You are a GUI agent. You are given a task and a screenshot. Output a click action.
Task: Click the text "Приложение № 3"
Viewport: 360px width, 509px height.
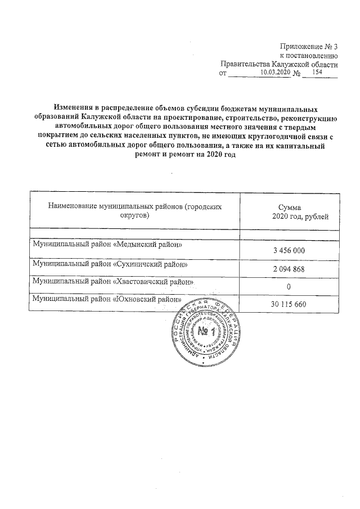pyautogui.click(x=309, y=46)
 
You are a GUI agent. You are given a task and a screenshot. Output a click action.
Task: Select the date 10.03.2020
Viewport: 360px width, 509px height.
pyautogui.click(x=277, y=73)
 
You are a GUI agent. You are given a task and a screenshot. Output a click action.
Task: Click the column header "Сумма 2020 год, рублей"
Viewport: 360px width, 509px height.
pyautogui.click(x=289, y=212)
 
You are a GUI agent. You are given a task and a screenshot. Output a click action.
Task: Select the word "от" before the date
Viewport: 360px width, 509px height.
pyautogui.click(x=222, y=73)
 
